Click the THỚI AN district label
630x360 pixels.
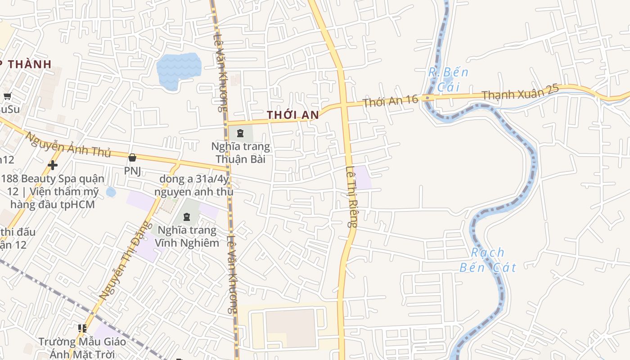(293, 115)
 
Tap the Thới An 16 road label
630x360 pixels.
(391, 101)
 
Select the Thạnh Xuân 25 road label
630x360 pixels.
(520, 92)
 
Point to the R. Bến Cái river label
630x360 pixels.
(448, 79)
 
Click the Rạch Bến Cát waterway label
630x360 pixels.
(488, 260)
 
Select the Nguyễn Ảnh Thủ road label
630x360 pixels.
(67, 144)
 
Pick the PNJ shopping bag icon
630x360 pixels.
(132, 157)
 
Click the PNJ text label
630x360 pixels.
(133, 171)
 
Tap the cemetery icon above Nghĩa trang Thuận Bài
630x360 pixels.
(240, 133)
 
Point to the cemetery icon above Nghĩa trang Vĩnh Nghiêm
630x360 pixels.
(186, 217)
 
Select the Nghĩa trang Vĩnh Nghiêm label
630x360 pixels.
(187, 237)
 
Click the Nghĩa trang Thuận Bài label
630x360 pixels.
(241, 153)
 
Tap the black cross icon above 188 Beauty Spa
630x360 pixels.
(53, 165)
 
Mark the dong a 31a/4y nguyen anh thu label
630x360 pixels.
(193, 185)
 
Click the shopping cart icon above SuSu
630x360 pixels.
(7, 95)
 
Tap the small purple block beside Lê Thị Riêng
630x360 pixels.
(363, 177)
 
